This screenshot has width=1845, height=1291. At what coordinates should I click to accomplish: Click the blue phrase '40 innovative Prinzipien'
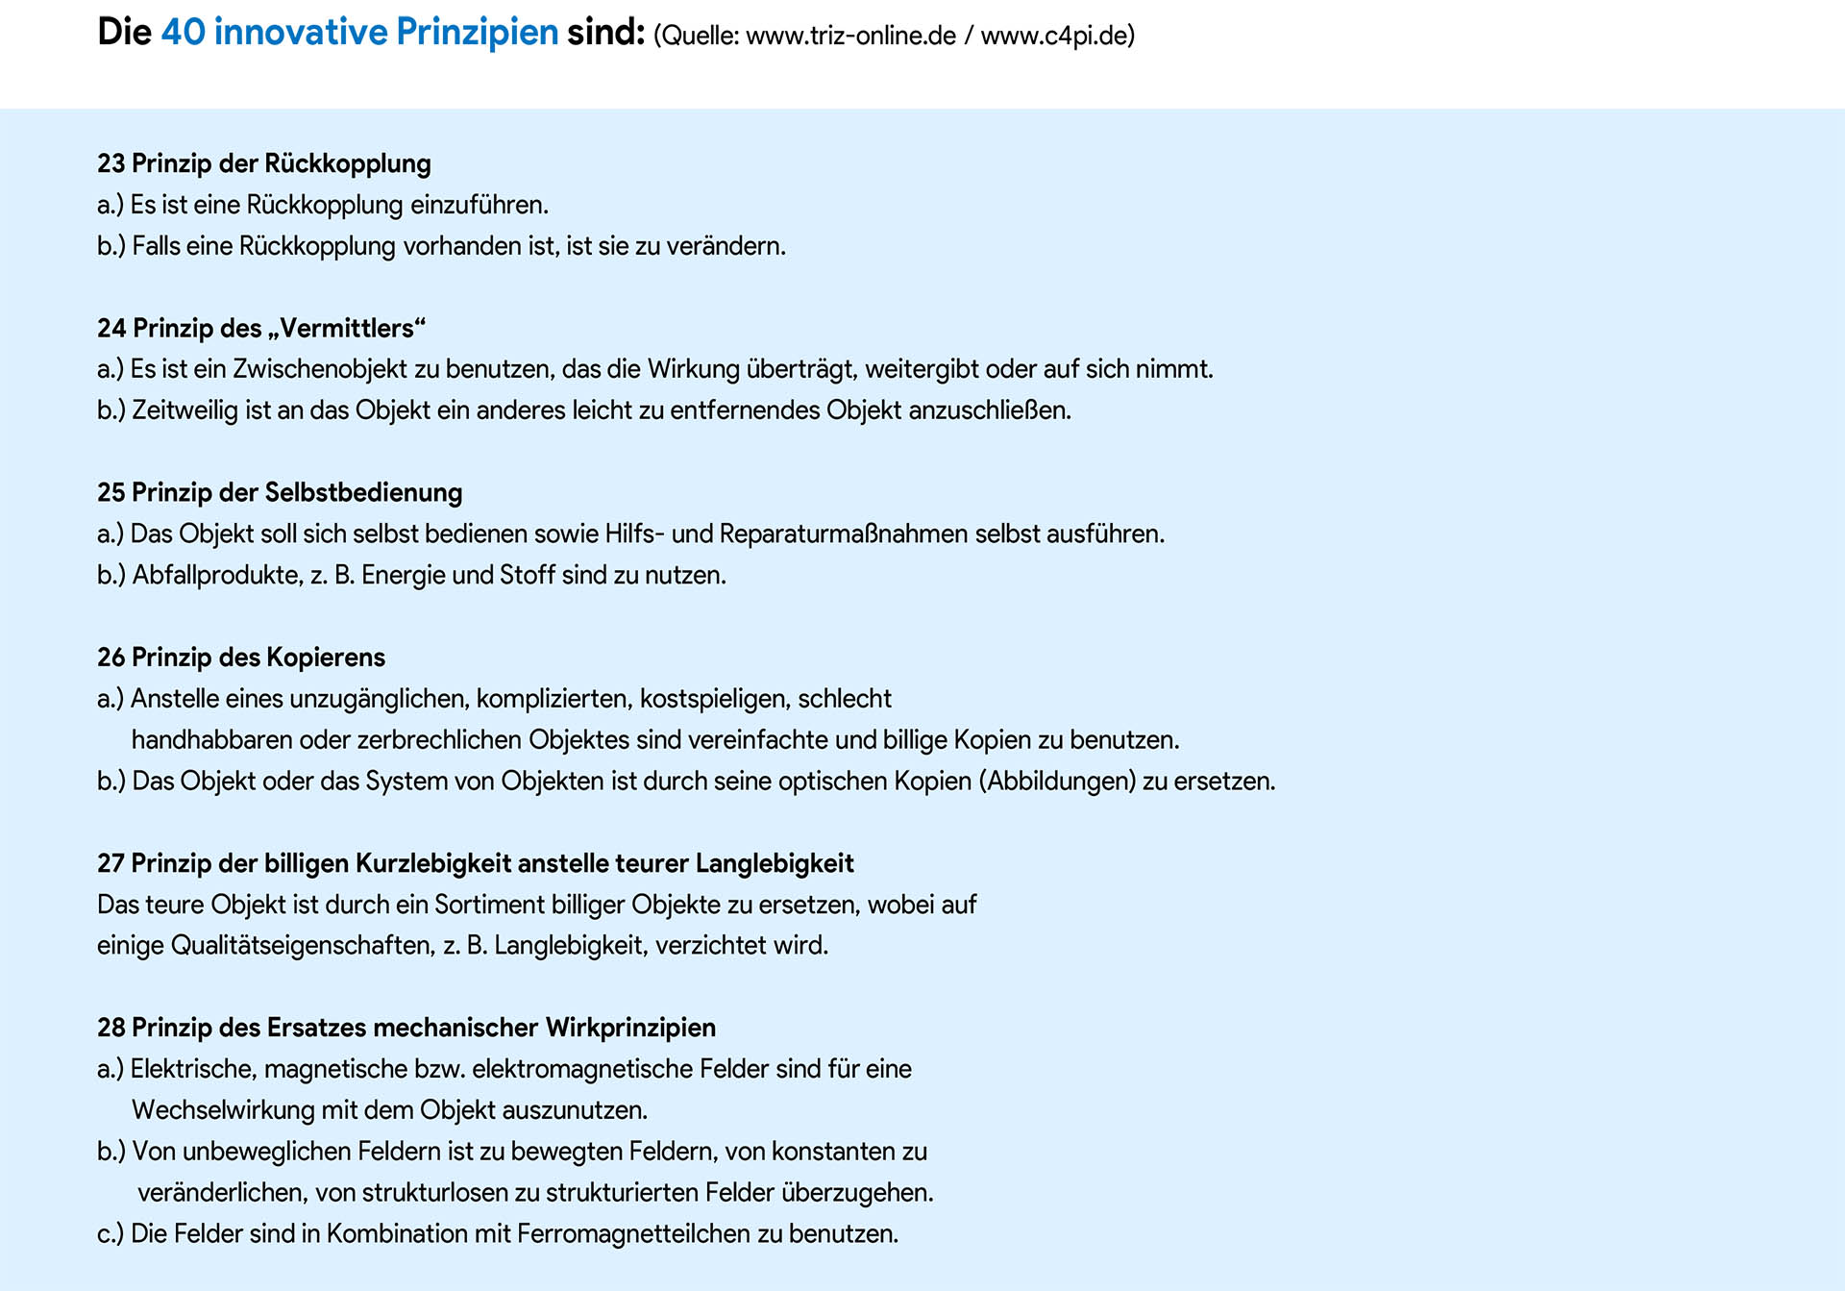click(359, 33)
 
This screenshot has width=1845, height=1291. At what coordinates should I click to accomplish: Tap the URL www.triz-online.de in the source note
click(850, 37)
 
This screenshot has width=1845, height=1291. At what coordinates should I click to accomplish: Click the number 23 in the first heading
click(111, 163)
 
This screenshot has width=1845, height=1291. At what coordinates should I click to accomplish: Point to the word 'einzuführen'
click(479, 205)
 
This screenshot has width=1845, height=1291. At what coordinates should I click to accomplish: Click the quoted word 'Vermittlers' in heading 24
click(347, 329)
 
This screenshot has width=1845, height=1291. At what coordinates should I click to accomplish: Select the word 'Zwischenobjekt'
click(320, 369)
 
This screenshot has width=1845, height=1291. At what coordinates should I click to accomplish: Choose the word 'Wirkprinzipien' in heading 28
click(630, 1028)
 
